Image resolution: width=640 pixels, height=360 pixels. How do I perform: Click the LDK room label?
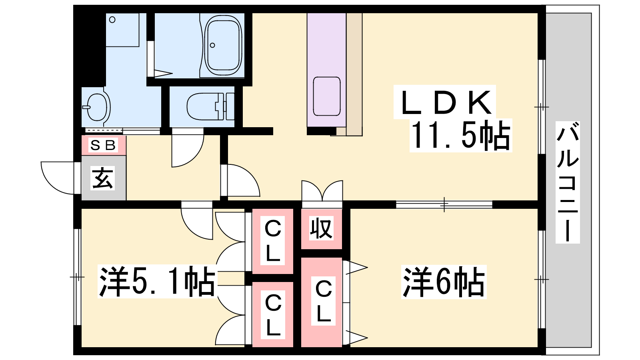(445, 102)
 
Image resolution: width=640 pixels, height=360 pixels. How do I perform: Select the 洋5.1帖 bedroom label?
(157, 282)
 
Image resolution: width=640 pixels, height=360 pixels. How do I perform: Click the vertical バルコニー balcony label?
(568, 182)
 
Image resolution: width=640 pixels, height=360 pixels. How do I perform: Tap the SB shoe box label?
(103, 145)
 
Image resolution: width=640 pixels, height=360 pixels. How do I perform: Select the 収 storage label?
(321, 229)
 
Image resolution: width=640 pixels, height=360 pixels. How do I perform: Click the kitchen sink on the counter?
(327, 96)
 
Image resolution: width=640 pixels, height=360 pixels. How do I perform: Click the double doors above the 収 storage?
(322, 191)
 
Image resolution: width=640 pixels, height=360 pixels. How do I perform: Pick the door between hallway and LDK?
(240, 181)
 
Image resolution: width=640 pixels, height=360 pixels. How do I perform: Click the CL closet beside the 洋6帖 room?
(323, 302)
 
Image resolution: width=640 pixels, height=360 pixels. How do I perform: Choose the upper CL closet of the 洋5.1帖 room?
(273, 241)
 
